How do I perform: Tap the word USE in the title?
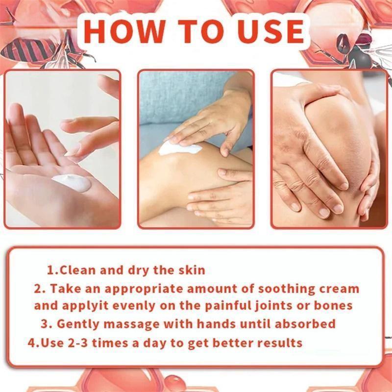(271, 31)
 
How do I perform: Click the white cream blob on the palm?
(72, 182)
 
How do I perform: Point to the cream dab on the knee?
(179, 148)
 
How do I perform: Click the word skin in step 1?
(192, 270)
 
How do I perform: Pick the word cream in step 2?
(339, 289)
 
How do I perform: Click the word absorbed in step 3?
(305, 324)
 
